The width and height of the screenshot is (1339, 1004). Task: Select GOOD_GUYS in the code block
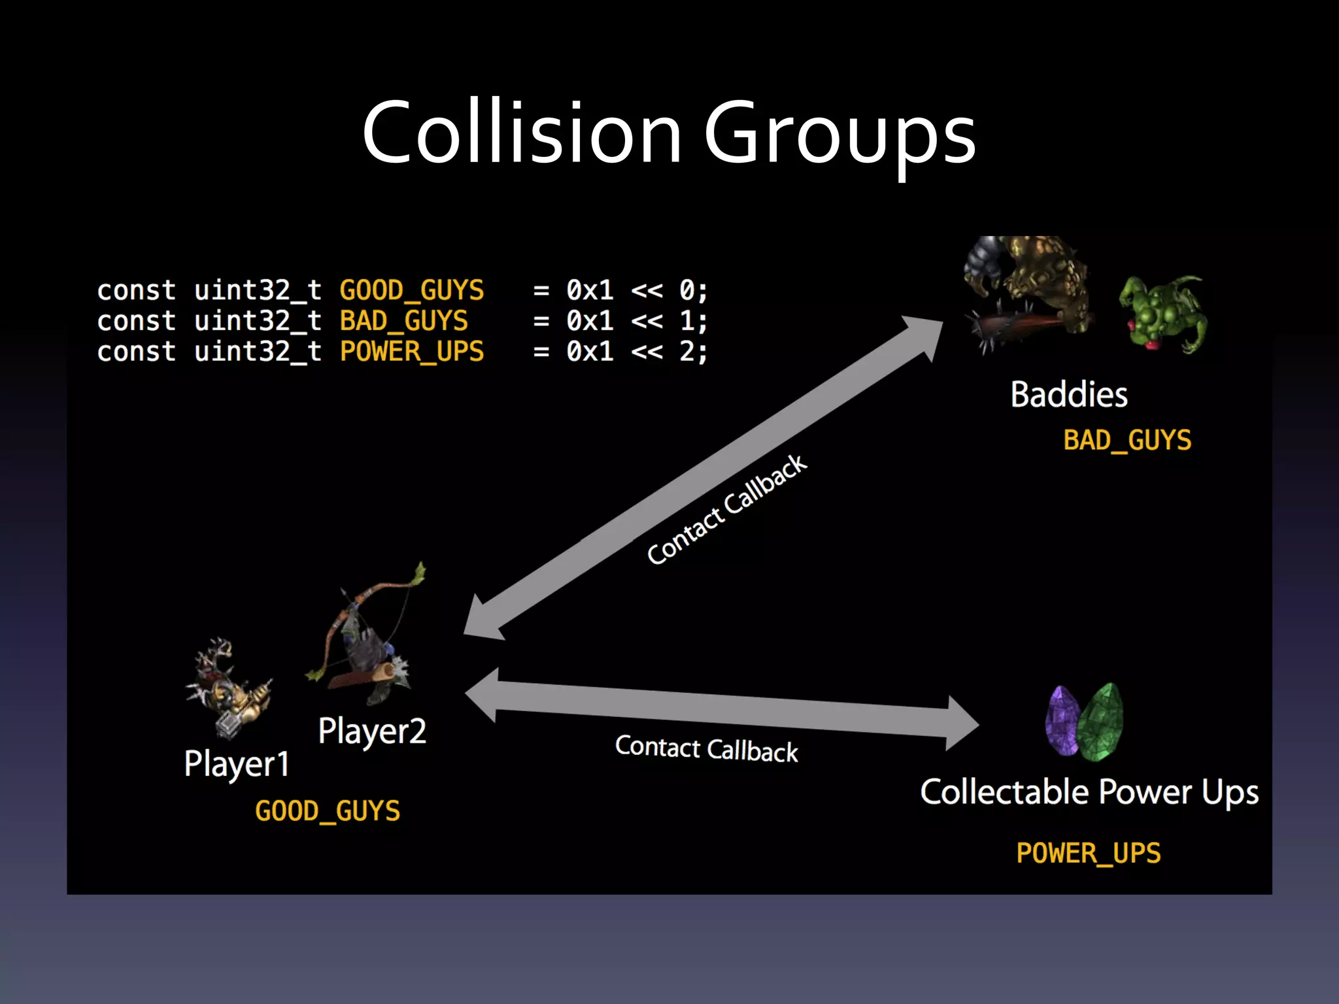pos(412,290)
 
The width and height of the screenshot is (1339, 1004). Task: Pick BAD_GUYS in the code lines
pos(403,321)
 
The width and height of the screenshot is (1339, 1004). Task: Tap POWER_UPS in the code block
pos(412,352)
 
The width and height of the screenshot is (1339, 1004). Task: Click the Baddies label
pos(1069,395)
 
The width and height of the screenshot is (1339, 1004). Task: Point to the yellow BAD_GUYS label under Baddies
pos(1127,440)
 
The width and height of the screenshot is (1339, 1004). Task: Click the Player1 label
pos(237,764)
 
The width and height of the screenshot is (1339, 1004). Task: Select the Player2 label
pos(372,731)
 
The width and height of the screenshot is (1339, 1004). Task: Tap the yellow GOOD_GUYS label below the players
pos(328,811)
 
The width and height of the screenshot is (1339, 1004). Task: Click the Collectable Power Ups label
pos(1089,792)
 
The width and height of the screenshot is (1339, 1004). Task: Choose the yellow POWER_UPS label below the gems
pos(1089,853)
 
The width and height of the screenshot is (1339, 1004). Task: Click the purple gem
pos(1062,720)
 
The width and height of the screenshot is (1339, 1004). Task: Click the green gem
pos(1101,720)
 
